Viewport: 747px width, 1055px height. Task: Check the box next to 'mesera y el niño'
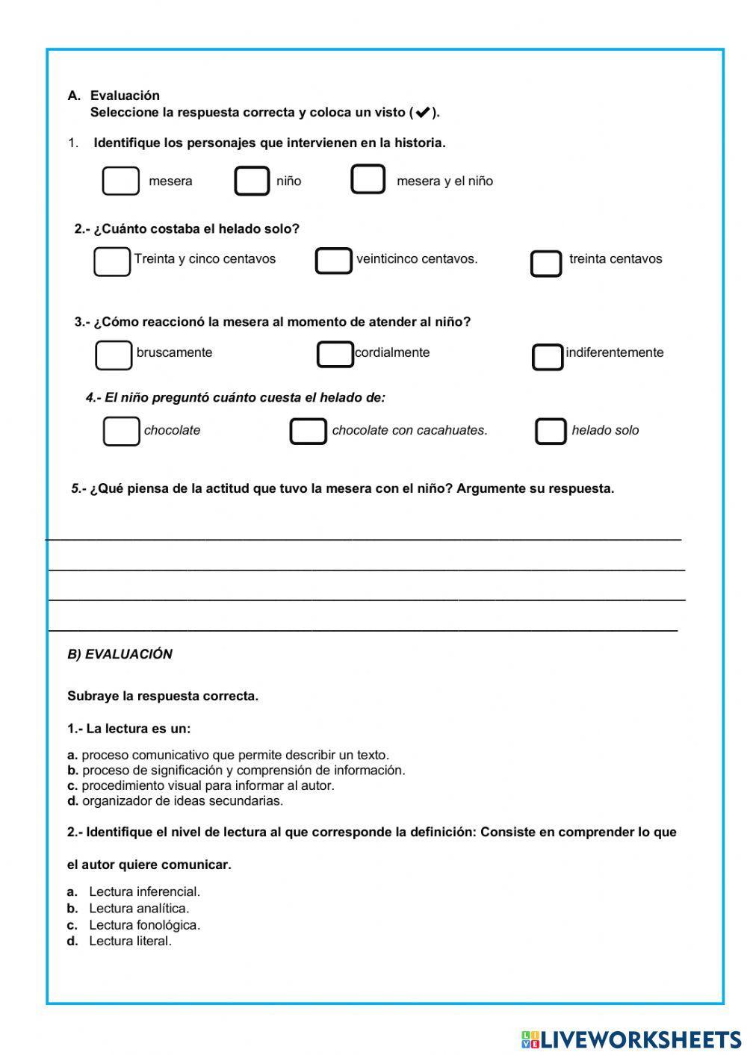click(368, 180)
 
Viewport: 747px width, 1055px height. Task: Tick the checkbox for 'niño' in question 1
click(252, 181)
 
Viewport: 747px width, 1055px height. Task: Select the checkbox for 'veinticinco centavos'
click(333, 261)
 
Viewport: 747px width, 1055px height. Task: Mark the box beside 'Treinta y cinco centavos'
click(112, 261)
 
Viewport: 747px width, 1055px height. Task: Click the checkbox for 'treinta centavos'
click(546, 264)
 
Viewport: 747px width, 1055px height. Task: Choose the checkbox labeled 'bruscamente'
click(114, 355)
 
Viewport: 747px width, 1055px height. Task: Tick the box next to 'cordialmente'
click(335, 355)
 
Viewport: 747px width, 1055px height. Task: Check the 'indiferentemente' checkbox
click(548, 357)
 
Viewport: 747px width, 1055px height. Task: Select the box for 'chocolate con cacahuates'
click(308, 432)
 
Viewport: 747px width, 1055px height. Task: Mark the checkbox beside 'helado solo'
click(551, 432)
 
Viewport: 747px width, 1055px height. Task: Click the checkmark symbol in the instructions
click(422, 113)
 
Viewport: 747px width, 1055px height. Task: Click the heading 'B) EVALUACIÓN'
click(120, 654)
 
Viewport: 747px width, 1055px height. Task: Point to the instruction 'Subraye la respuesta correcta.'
click(163, 696)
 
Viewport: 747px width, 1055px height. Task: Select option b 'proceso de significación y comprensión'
click(243, 770)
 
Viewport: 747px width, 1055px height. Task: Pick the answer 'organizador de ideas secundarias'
click(182, 800)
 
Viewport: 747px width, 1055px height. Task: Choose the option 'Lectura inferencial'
click(144, 891)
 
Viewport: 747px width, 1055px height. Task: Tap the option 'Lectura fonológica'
click(144, 925)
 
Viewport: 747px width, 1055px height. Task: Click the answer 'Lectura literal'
click(130, 941)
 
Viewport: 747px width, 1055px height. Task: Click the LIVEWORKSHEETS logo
click(631, 1039)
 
